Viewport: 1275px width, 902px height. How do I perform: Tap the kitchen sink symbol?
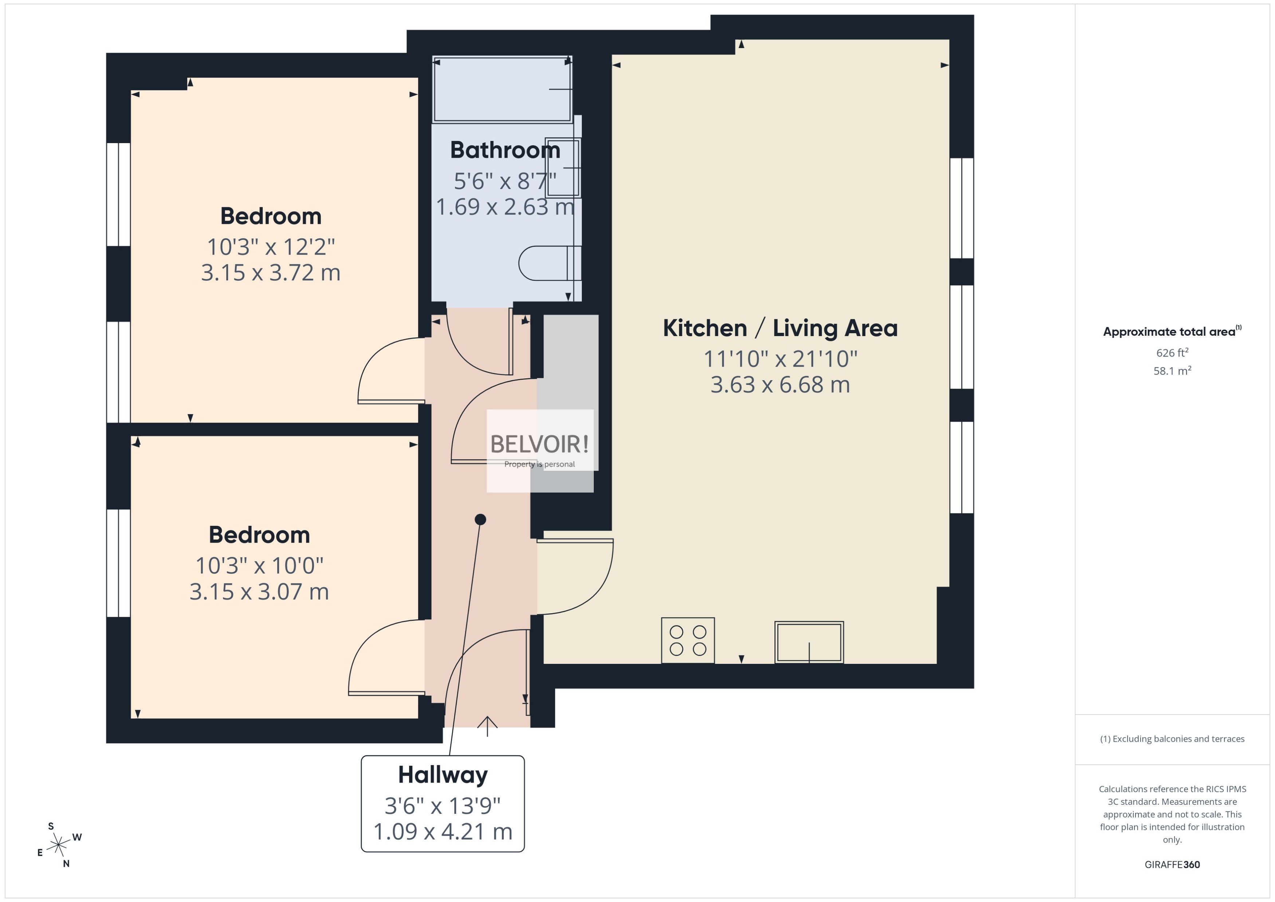[808, 642]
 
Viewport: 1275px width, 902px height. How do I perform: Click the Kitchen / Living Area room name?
[780, 328]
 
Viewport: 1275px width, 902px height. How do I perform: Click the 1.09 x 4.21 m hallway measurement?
[443, 831]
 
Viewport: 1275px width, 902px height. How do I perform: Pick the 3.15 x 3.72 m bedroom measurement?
[271, 273]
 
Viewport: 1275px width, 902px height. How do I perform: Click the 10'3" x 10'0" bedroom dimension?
[259, 566]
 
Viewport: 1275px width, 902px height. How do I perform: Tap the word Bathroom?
[505, 150]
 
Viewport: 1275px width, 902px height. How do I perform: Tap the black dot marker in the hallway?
[480, 519]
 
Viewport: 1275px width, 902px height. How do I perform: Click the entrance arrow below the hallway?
[487, 725]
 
